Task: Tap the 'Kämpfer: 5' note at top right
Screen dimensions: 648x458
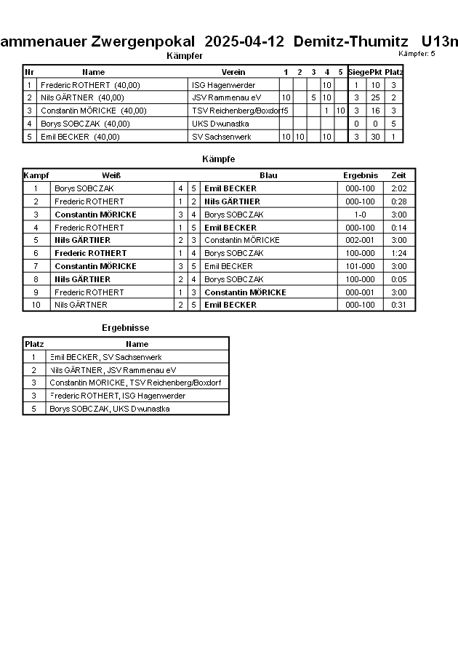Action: click(417, 54)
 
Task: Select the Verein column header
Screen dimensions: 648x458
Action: click(233, 72)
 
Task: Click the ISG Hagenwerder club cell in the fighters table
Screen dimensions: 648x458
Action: click(223, 85)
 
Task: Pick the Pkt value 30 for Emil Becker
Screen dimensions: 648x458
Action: click(375, 137)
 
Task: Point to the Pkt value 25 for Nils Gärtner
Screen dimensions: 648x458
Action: click(375, 97)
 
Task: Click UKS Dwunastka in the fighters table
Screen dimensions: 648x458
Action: click(220, 124)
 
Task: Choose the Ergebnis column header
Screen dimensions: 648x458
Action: click(360, 175)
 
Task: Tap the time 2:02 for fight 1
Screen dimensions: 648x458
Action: click(398, 188)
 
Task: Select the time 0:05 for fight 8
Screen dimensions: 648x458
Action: click(398, 279)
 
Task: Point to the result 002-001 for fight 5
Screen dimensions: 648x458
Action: click(360, 240)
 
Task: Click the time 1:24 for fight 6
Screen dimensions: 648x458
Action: click(398, 253)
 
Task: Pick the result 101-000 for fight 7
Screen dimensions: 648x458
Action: click(360, 266)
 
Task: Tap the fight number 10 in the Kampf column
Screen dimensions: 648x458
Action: click(35, 305)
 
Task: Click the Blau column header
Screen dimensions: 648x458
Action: click(268, 175)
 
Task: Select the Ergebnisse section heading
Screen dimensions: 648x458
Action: click(125, 328)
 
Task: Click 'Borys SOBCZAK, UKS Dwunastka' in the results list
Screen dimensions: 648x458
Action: click(109, 409)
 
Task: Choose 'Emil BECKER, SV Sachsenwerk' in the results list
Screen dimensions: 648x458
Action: click(105, 357)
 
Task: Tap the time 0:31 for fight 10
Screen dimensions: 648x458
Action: click(398, 305)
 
